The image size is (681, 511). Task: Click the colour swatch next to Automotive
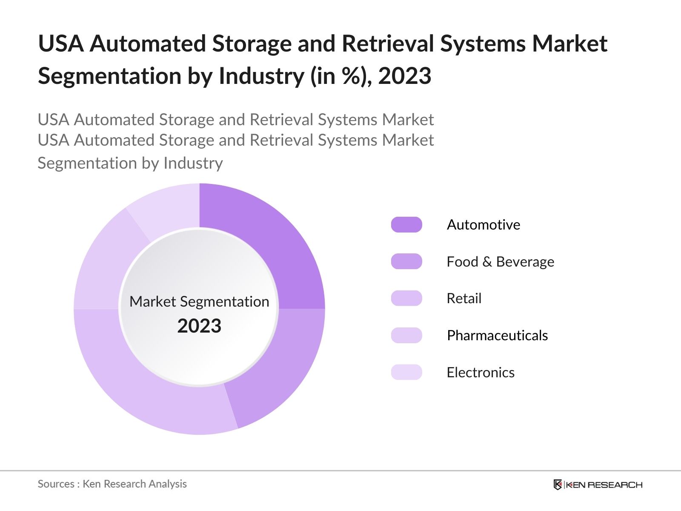tap(406, 224)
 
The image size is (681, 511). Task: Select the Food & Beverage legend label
tap(500, 261)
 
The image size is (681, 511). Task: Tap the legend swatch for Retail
tap(406, 298)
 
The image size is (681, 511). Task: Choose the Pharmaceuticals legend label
tap(497, 336)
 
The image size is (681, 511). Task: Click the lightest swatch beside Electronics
tap(406, 372)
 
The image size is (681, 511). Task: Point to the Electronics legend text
tap(481, 373)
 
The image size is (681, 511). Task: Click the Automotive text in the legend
tap(483, 224)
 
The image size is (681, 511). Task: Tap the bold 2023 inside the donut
tap(199, 326)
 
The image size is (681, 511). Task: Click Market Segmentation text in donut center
tap(199, 301)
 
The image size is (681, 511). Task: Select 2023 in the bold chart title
tap(404, 76)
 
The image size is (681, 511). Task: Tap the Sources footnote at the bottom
tap(112, 484)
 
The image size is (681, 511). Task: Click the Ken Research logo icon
tap(558, 485)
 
